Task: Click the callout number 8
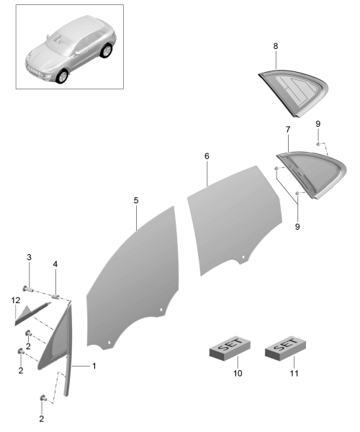point(276,46)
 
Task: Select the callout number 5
point(136,200)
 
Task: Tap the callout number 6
point(207,156)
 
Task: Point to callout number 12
point(16,300)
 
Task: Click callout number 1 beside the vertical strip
point(94,366)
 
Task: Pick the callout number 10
point(238,373)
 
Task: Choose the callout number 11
point(294,373)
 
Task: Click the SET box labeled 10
point(230,348)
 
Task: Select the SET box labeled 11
point(285,348)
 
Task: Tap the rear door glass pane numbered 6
point(234,220)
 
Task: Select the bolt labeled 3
point(27,289)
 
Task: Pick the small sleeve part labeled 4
point(56,297)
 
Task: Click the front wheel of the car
point(62,76)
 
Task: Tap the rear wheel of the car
point(106,50)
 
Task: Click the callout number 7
point(288,129)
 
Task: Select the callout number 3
point(30,257)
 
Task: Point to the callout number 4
point(55,264)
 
